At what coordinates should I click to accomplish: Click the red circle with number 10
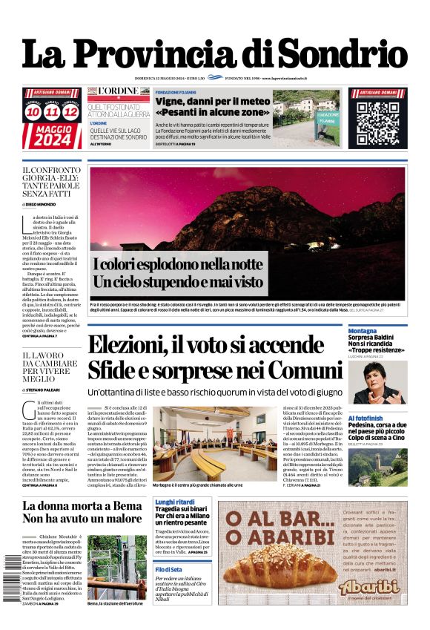click(x=33, y=112)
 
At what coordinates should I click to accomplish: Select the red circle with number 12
click(x=70, y=112)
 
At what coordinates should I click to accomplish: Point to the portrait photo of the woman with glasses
click(x=377, y=381)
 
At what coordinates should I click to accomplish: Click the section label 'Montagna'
click(x=363, y=331)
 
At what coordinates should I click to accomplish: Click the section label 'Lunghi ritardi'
click(x=175, y=502)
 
